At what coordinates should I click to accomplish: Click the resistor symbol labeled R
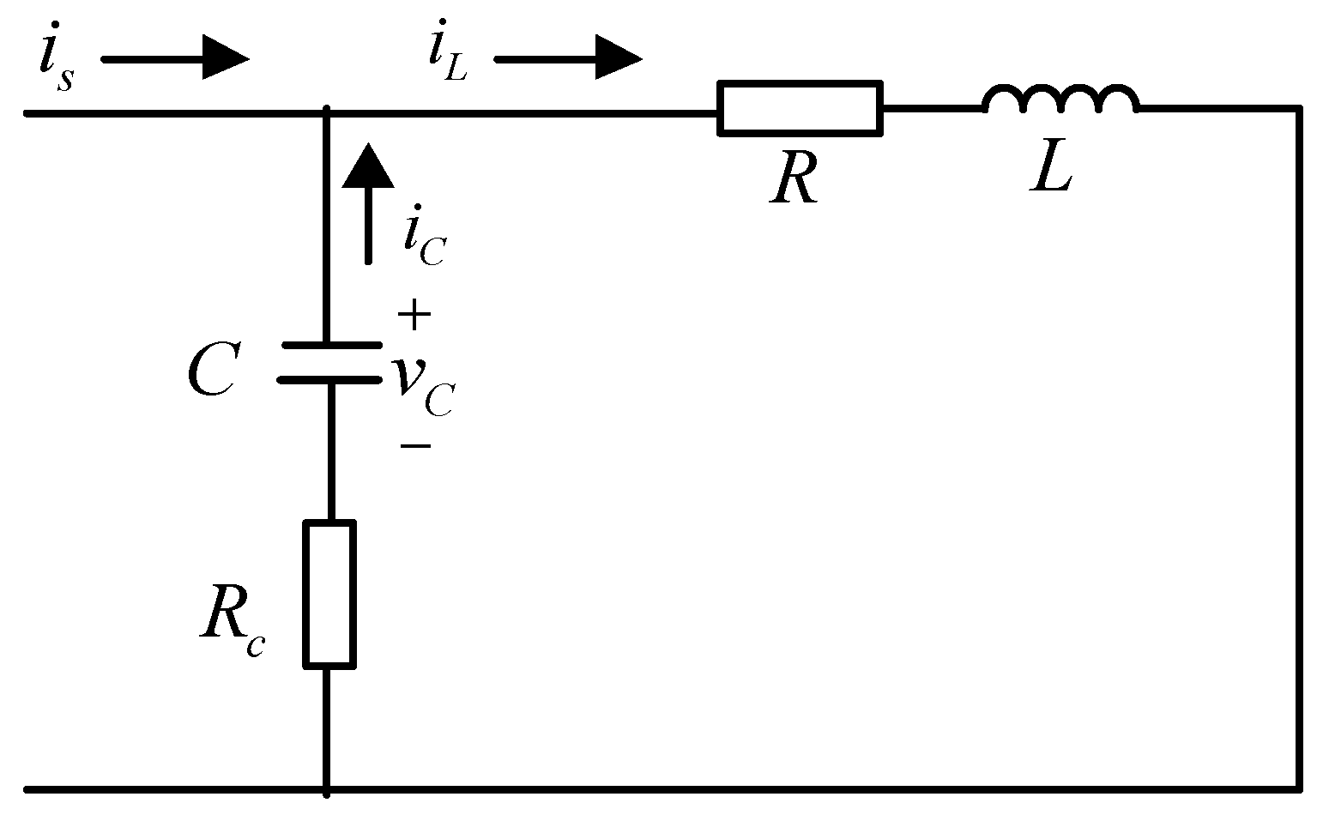(800, 109)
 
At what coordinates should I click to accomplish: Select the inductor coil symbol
(1061, 100)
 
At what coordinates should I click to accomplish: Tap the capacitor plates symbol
(329, 362)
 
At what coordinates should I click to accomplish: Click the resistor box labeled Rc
(329, 594)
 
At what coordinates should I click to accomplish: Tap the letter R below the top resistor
(794, 181)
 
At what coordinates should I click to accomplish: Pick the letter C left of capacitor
(212, 371)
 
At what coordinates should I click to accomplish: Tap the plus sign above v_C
(414, 316)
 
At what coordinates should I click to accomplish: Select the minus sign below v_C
(414, 446)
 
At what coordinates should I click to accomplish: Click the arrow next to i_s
(176, 60)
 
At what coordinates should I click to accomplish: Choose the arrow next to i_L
(568, 60)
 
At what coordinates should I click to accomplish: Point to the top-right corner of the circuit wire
(1298, 109)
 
